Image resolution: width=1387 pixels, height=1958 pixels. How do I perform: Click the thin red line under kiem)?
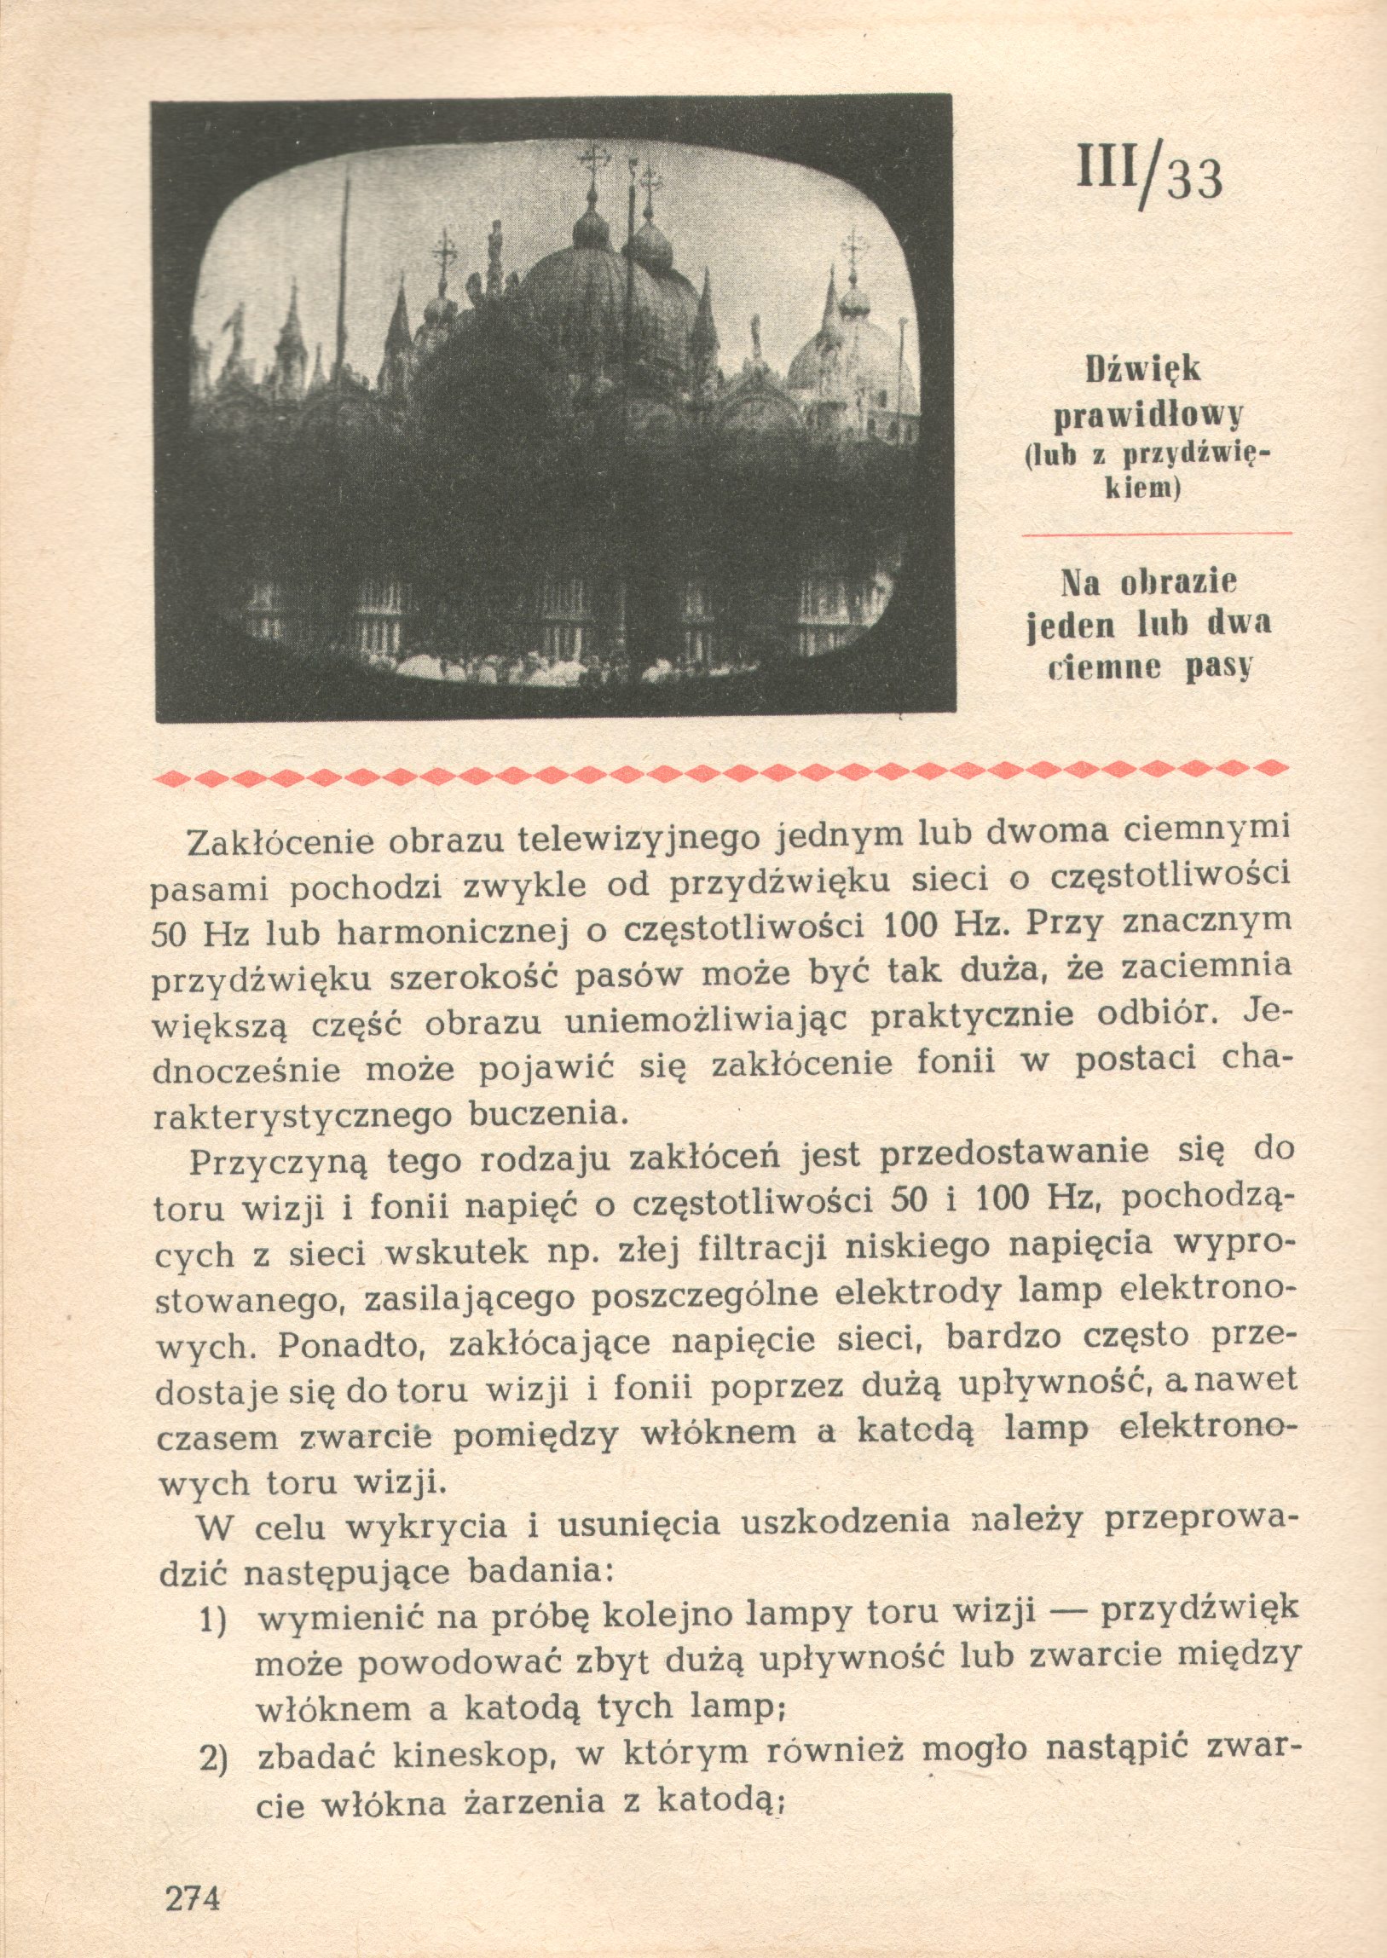coord(1157,534)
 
